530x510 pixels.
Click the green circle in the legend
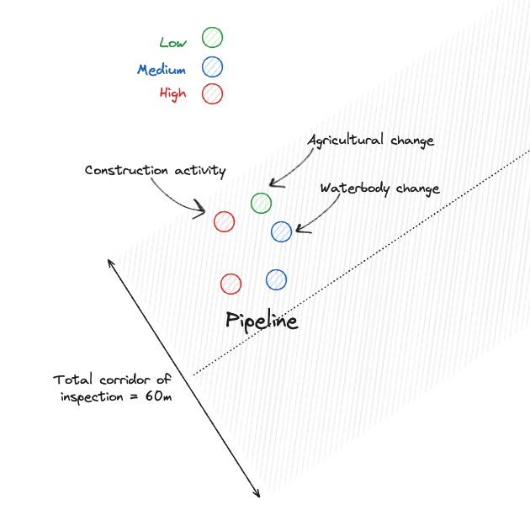pyautogui.click(x=213, y=37)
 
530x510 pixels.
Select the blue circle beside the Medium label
pyautogui.click(x=213, y=66)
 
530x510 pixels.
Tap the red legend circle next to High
pyautogui.click(x=213, y=93)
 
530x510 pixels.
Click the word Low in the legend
pyautogui.click(x=173, y=43)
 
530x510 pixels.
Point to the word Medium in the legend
pyautogui.click(x=162, y=70)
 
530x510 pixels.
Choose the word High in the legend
pyautogui.click(x=172, y=93)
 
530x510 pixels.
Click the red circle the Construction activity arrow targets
pyautogui.click(x=224, y=221)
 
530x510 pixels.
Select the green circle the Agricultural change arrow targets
pyautogui.click(x=262, y=203)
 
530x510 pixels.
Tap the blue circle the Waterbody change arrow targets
pyautogui.click(x=282, y=231)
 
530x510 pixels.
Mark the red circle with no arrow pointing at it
pyautogui.click(x=231, y=284)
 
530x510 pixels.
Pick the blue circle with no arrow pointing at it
pyautogui.click(x=276, y=279)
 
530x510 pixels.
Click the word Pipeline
pyautogui.click(x=262, y=321)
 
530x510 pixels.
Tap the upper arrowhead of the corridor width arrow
pyautogui.click(x=111, y=260)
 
